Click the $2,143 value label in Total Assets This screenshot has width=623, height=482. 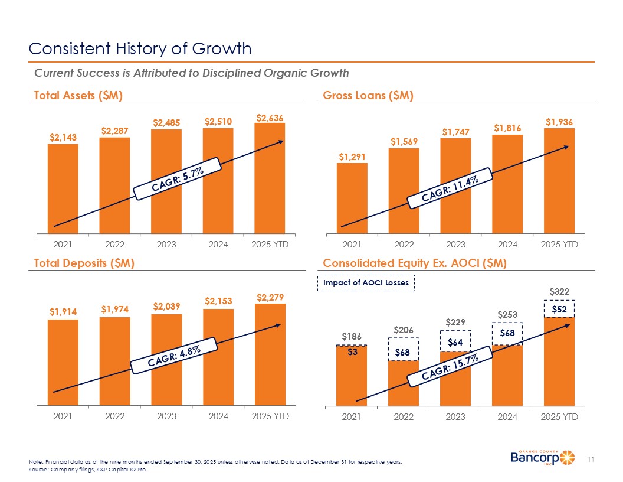coord(63,137)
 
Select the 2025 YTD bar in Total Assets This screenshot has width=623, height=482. coord(270,177)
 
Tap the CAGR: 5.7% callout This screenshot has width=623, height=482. coord(177,179)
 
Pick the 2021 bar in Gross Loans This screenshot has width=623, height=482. coord(352,198)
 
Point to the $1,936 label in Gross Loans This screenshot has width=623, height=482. coord(559,122)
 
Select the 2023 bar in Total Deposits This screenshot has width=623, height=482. coord(166,360)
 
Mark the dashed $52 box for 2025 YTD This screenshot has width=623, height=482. coord(559,309)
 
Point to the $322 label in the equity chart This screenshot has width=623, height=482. coord(559,292)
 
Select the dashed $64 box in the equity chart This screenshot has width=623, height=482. coord(455,341)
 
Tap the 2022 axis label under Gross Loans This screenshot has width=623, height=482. coord(404,244)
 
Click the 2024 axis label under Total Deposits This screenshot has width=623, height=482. coord(218,416)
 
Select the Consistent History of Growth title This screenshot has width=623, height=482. coord(140,48)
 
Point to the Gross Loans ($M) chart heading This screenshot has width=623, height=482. coord(368,95)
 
